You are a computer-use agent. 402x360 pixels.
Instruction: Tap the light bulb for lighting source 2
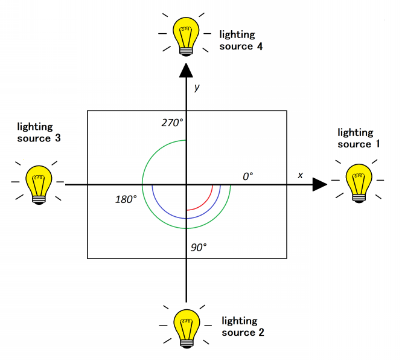[186, 327]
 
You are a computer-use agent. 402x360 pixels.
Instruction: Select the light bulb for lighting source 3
[39, 183]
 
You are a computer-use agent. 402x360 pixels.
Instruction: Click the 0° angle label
[247, 176]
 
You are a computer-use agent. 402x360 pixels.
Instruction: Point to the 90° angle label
[197, 246]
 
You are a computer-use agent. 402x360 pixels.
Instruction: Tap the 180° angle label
[126, 199]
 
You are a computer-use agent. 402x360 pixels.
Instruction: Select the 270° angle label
[172, 123]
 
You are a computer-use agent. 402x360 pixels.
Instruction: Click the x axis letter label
[300, 175]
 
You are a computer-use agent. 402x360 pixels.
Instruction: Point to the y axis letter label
[197, 88]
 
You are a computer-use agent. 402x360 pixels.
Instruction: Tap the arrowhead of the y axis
[186, 71]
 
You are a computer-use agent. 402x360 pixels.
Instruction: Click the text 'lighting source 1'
[355, 138]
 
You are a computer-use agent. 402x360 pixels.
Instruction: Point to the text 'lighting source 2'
[240, 326]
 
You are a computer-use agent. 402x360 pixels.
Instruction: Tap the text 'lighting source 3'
[35, 132]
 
